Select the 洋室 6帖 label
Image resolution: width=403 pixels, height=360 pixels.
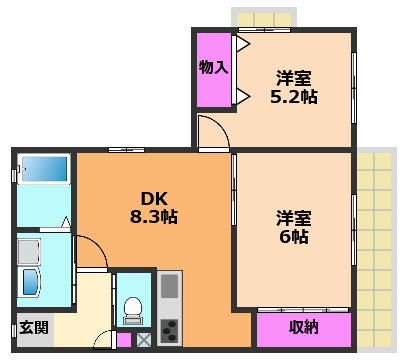(x=294, y=227)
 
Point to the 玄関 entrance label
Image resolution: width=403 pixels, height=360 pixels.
(x=33, y=328)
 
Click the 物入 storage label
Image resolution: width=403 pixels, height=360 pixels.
(x=213, y=68)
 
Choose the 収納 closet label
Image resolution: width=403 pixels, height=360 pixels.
(x=304, y=328)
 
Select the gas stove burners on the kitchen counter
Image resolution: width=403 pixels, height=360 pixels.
(x=169, y=328)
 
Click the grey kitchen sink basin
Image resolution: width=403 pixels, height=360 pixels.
(x=169, y=287)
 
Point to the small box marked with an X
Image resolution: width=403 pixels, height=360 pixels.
(x=144, y=340)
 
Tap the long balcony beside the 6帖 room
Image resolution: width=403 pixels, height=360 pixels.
(x=374, y=250)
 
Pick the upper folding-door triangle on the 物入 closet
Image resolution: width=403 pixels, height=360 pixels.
(x=241, y=45)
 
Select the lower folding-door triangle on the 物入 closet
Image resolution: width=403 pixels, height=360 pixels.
(x=241, y=97)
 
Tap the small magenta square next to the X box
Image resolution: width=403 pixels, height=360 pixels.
(x=123, y=340)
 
